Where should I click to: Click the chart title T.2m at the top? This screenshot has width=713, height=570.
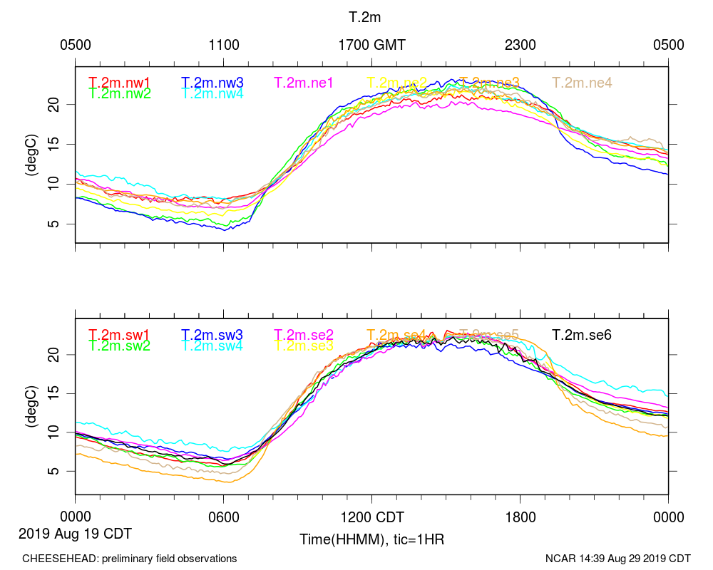click(371, 16)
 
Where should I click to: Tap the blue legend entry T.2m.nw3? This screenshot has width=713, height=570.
click(212, 83)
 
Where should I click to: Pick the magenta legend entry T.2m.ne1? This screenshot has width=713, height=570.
click(304, 83)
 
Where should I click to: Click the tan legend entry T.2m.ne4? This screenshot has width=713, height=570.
click(582, 83)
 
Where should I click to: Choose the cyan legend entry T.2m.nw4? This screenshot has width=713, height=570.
click(212, 93)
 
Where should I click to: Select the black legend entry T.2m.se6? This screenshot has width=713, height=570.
click(582, 334)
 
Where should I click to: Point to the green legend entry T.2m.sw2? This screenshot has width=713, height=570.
click(120, 346)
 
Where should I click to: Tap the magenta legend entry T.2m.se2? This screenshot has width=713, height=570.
click(304, 334)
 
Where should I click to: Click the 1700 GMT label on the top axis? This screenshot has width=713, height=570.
click(371, 45)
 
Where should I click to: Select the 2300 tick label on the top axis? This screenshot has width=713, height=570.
click(520, 45)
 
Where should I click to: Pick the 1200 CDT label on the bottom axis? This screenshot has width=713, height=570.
click(371, 517)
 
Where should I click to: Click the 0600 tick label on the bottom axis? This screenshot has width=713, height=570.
click(223, 517)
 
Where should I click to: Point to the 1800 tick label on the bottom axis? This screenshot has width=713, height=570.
click(520, 517)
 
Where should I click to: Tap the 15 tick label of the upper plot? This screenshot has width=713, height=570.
click(61, 144)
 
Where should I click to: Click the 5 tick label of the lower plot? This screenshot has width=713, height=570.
click(64, 471)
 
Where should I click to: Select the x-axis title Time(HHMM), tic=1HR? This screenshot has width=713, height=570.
click(371, 539)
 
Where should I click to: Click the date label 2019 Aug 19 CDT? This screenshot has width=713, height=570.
click(75, 533)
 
